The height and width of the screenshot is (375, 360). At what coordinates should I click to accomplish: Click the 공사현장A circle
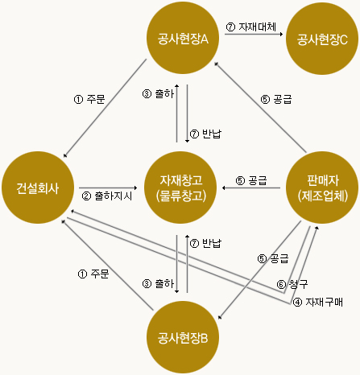click(x=183, y=38)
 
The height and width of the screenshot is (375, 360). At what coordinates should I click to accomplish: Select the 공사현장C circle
click(x=322, y=39)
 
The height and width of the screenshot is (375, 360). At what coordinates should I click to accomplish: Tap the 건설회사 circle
click(x=38, y=187)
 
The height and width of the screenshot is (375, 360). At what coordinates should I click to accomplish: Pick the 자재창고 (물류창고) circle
click(x=180, y=187)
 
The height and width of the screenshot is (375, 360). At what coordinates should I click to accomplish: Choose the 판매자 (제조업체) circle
click(x=322, y=187)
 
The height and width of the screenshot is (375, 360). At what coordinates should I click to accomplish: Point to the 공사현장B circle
click(x=183, y=337)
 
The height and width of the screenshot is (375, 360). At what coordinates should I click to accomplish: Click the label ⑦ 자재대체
click(x=251, y=27)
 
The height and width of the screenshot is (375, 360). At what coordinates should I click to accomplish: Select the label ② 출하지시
click(x=107, y=196)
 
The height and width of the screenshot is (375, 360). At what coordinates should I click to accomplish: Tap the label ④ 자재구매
click(x=318, y=303)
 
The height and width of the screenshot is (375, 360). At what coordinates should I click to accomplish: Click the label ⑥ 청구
click(x=292, y=284)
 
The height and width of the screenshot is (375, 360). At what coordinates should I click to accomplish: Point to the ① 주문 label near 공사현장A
click(x=89, y=99)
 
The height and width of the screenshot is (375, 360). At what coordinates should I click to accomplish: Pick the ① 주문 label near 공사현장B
click(x=93, y=274)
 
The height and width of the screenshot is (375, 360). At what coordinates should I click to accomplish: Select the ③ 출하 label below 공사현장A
click(x=158, y=93)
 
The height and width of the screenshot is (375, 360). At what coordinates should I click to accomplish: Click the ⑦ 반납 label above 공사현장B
click(x=205, y=243)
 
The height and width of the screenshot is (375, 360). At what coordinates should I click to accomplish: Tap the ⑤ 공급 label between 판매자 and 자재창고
click(x=251, y=180)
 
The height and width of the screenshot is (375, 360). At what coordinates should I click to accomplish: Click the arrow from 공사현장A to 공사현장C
click(x=254, y=34)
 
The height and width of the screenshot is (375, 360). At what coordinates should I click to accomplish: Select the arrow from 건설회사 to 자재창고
click(x=108, y=187)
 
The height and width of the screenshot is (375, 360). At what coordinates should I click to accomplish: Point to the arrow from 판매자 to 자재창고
click(x=251, y=187)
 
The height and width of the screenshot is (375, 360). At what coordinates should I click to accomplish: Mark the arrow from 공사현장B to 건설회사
click(x=107, y=265)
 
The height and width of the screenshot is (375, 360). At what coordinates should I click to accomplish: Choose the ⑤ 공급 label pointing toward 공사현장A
click(x=276, y=99)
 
